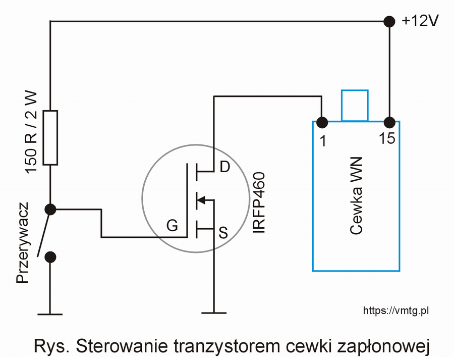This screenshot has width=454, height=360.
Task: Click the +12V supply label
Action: [x=420, y=21]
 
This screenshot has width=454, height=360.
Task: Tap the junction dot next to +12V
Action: [x=389, y=21]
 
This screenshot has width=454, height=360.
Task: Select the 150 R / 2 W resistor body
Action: [x=50, y=138]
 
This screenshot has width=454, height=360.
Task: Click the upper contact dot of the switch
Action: [x=50, y=209]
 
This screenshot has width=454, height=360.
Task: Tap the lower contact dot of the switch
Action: [x=50, y=257]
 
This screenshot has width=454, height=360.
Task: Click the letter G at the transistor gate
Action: [x=173, y=226]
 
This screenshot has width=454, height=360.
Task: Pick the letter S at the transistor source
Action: [x=223, y=232]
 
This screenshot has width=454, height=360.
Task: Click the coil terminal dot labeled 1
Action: [x=322, y=122]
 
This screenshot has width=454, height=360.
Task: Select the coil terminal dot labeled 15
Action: [x=389, y=122]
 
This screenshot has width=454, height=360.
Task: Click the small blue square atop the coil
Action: [x=355, y=106]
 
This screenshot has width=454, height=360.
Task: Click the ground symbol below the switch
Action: [x=50, y=314]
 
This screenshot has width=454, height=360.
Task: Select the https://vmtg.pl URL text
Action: [x=396, y=311]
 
